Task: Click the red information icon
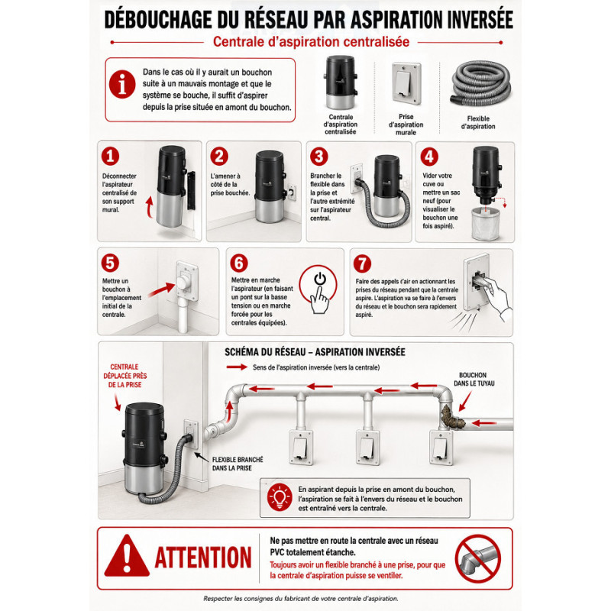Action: point(122,84)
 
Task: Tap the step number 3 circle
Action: point(318,157)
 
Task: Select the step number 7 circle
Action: point(362,263)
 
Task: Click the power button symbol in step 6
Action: point(320,279)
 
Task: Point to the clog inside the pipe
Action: point(452,416)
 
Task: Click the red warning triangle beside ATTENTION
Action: point(127,556)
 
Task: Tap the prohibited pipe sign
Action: point(478,558)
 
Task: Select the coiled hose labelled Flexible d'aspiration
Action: point(480,83)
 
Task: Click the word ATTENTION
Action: point(203,558)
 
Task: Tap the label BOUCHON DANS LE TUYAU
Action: point(474,379)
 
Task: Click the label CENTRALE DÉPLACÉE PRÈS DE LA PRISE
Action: point(124,376)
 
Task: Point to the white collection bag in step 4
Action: point(486,224)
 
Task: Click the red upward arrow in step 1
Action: point(149,205)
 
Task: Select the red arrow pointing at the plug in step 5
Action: point(161,289)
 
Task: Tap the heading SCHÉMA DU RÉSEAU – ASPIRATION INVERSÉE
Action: point(315,352)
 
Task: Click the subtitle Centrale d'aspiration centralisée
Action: point(311,42)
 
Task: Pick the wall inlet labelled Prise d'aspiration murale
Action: point(406,83)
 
